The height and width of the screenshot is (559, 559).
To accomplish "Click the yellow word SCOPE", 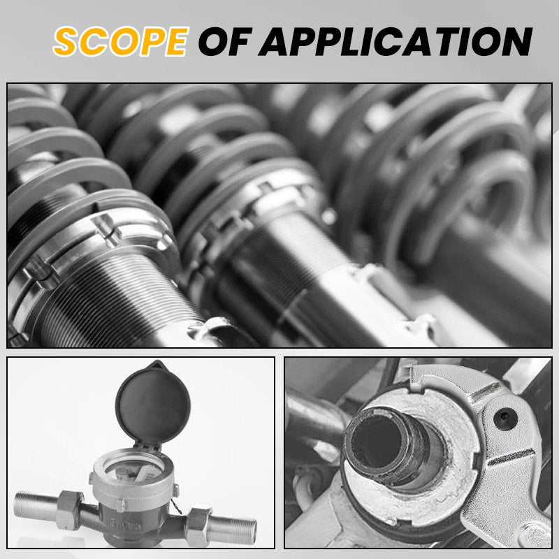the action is [121, 41].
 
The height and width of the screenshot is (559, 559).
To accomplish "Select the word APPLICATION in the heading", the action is [395, 41].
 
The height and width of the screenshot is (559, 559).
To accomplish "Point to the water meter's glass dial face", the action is [133, 468].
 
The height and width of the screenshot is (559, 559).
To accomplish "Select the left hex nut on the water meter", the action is [70, 510].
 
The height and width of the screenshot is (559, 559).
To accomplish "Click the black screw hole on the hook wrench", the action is [505, 418].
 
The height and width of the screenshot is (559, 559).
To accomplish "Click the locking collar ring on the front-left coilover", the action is [89, 246].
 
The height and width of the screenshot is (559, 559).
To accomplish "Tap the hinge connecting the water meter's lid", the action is [147, 447].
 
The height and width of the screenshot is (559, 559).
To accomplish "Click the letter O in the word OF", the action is [213, 41].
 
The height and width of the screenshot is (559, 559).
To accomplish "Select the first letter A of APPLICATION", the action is [275, 42].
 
